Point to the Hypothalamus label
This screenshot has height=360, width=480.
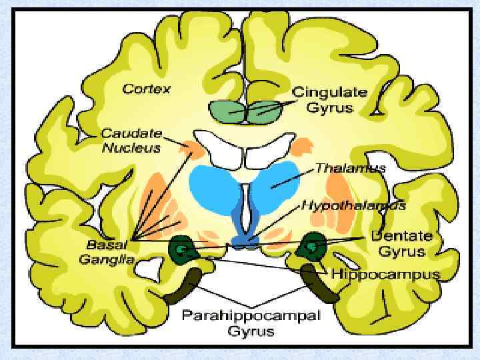353,205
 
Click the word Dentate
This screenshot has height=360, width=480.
401,237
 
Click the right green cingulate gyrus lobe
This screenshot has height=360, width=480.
263,111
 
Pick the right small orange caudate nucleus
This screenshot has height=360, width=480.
302,145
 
